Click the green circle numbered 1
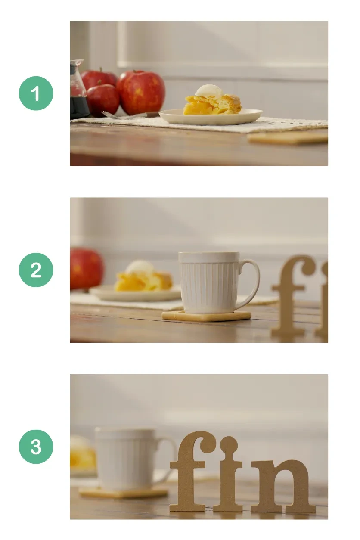tap(36, 93)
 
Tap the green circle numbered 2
tap(36, 270)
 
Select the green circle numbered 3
tap(36, 447)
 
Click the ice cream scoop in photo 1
tap(209, 91)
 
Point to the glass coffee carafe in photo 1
tap(78, 89)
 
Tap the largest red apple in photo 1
tap(141, 92)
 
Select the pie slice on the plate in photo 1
tap(212, 104)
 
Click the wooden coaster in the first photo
tap(288, 138)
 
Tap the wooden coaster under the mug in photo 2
tap(206, 316)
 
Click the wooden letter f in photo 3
tap(190, 472)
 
